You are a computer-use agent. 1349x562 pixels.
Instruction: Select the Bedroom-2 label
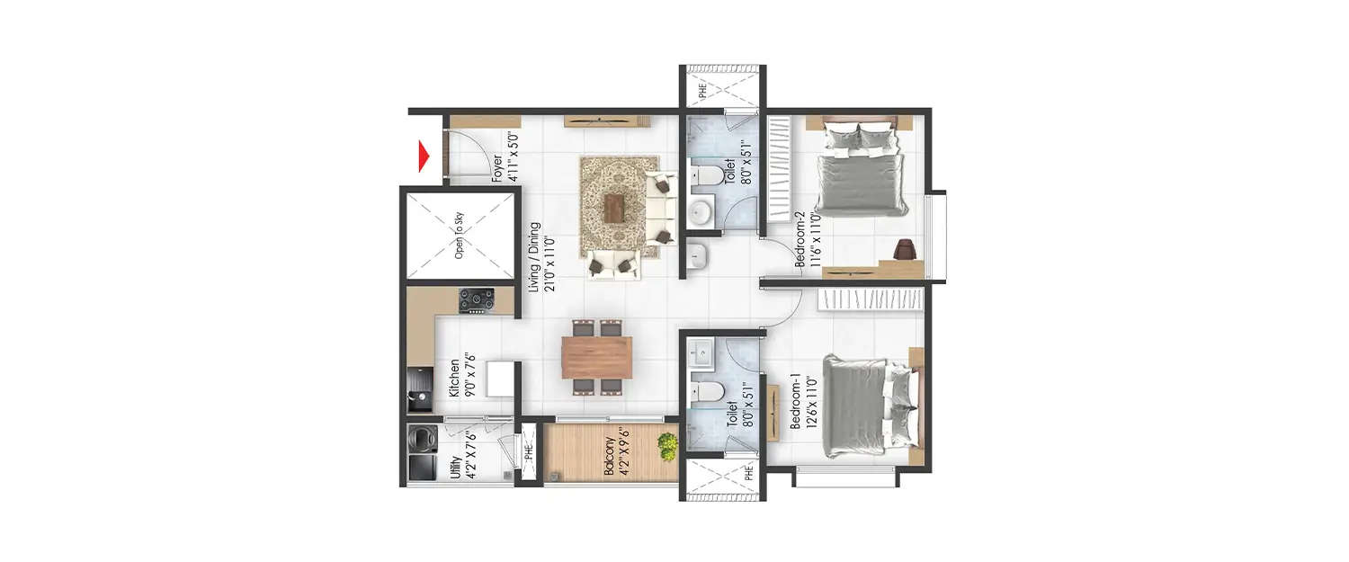click(803, 237)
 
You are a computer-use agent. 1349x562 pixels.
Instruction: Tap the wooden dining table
click(596, 357)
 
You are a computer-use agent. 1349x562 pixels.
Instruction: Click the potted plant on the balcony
click(666, 445)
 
